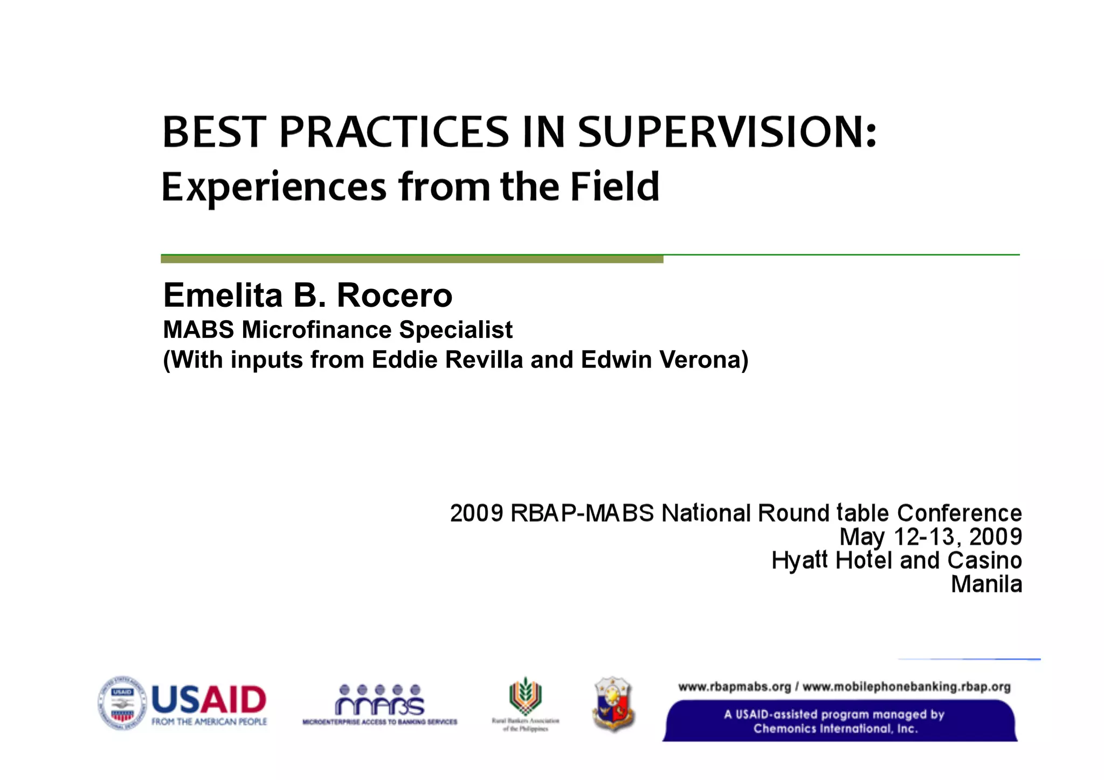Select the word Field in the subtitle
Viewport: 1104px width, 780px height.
click(615, 187)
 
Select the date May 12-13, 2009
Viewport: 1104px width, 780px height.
click(930, 536)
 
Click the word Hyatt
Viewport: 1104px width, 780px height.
click(799, 561)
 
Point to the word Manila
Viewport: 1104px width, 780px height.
click(986, 584)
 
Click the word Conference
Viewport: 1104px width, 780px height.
click(960, 513)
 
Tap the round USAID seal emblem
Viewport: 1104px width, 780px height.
click(122, 703)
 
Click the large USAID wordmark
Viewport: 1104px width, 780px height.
click(209, 699)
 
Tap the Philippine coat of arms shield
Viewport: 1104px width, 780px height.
click(613, 703)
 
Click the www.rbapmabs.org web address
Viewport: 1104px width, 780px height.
click(734, 687)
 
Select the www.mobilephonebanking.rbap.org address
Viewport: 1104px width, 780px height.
click(906, 687)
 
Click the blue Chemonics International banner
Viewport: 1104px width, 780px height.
click(840, 721)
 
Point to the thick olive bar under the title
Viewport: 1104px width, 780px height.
click(412, 259)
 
